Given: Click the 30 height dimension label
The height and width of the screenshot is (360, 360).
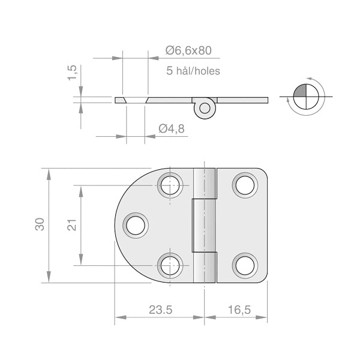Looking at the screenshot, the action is click(40, 224).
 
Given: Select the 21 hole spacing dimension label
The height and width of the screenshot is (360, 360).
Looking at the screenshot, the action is click(72, 225).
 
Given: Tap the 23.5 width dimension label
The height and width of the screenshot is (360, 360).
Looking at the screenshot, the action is click(160, 310).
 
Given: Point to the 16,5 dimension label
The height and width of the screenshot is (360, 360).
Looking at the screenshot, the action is click(239, 310).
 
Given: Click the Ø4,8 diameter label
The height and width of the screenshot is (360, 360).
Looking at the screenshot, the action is click(172, 128).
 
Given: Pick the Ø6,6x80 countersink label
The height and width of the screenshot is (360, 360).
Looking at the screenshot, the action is click(188, 50).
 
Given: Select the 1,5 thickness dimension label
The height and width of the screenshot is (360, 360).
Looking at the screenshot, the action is click(72, 73).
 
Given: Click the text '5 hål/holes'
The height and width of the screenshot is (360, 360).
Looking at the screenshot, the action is click(193, 71).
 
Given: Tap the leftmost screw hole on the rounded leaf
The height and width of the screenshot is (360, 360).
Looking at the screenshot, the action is click(136, 226).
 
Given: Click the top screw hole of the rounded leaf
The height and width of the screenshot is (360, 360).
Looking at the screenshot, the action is click(170, 185).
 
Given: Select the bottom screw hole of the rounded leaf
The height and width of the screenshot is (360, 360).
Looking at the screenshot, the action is click(170, 266).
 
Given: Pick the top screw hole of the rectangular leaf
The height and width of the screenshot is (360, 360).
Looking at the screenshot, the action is click(245, 185).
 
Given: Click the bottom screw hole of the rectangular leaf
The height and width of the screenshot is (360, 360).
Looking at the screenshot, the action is click(245, 266).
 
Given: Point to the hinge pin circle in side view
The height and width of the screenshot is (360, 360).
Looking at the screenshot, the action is click(205, 108).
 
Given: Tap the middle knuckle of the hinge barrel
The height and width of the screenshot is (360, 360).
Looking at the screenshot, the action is click(204, 226).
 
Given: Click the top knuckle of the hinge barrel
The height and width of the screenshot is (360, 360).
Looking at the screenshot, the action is click(205, 183).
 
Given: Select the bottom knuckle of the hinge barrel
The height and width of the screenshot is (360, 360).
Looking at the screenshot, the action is click(205, 268).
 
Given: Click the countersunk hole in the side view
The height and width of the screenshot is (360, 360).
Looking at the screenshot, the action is click(136, 100).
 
